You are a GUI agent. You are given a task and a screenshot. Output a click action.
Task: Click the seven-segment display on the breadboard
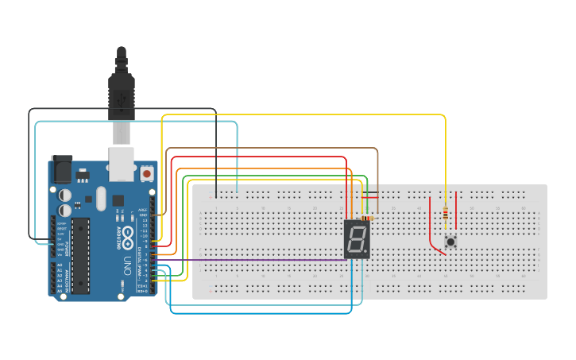[x=357, y=239]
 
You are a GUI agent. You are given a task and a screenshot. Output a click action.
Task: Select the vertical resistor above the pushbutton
[x=445, y=214]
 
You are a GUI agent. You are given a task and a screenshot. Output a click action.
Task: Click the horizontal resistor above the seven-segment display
[x=367, y=217]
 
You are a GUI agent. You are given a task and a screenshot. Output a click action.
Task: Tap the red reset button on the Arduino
[x=147, y=172]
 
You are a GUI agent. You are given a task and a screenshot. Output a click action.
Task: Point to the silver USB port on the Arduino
[x=121, y=162]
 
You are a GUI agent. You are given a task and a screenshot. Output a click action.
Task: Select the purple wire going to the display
[x=254, y=260]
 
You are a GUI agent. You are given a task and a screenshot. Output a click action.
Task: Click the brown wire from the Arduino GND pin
[x=270, y=148]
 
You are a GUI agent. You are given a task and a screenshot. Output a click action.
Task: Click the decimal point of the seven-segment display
[x=367, y=252]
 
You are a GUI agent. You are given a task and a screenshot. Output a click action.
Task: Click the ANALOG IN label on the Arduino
[x=53, y=278]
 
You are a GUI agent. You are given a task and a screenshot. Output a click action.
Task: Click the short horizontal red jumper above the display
[x=369, y=198]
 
